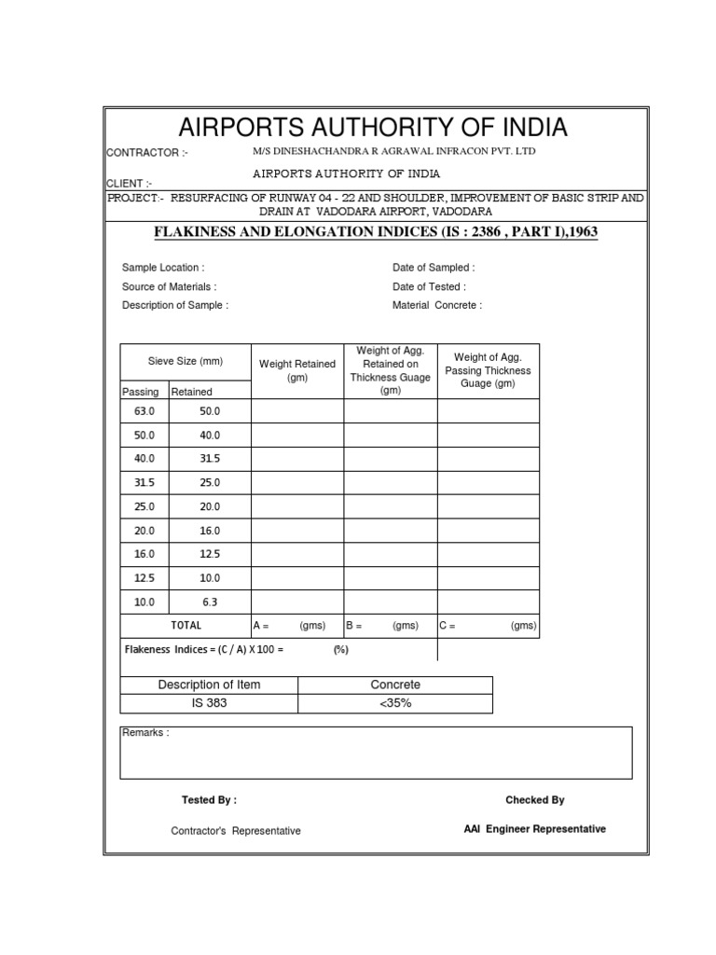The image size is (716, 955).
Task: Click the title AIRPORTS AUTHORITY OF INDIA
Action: pyautogui.click(x=373, y=127)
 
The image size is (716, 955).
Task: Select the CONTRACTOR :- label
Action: pyautogui.click(x=147, y=153)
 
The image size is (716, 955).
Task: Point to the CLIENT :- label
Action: pyautogui.click(x=130, y=184)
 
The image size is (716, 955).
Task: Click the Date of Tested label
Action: pyautogui.click(x=429, y=287)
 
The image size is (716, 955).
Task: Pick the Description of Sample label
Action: pyautogui.click(x=174, y=306)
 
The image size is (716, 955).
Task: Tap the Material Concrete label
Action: pyautogui.click(x=437, y=306)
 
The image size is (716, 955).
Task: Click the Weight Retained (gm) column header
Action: pyautogui.click(x=297, y=371)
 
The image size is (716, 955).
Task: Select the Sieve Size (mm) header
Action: pyautogui.click(x=186, y=361)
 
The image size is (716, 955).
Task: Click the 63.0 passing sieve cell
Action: pyautogui.click(x=145, y=411)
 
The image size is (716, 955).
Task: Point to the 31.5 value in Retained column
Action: pyautogui.click(x=210, y=459)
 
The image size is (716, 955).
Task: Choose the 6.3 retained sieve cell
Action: pyautogui.click(x=210, y=602)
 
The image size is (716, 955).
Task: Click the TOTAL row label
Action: pyautogui.click(x=186, y=626)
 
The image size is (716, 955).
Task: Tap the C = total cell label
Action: pyautogui.click(x=447, y=627)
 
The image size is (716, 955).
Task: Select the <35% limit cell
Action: pyautogui.click(x=395, y=703)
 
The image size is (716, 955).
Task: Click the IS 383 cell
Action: pyautogui.click(x=209, y=703)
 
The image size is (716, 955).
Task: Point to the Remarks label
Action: pyautogui.click(x=145, y=734)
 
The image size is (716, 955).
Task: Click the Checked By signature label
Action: pyautogui.click(x=534, y=800)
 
